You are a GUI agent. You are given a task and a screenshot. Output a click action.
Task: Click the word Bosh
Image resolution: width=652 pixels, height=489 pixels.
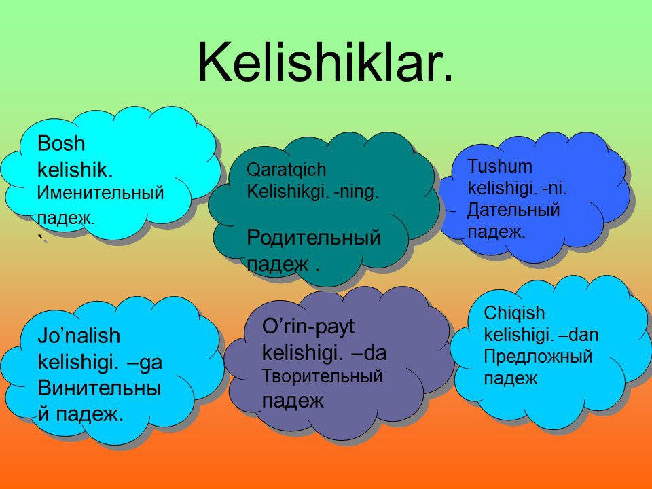61,143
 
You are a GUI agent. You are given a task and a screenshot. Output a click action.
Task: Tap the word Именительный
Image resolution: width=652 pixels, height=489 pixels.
101,193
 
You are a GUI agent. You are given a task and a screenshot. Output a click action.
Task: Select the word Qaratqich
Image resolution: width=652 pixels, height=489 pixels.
287,170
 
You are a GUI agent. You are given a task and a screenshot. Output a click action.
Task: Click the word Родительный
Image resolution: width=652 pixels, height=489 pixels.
314,238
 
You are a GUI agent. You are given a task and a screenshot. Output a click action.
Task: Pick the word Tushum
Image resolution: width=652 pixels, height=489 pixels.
500,166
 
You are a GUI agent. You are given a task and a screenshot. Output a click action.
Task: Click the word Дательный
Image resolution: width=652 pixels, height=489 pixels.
513,210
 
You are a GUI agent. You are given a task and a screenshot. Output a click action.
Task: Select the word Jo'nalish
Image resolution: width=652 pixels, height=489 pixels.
79,336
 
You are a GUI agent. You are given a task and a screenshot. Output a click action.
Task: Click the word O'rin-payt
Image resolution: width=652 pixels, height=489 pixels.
308,327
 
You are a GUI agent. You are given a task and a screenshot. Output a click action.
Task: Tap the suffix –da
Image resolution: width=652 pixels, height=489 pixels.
369,353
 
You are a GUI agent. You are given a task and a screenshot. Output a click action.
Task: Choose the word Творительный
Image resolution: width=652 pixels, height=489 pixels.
322,376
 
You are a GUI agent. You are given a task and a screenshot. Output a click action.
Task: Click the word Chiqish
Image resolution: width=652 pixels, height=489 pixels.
514,313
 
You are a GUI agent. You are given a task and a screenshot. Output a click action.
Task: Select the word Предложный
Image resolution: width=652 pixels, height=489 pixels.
538,357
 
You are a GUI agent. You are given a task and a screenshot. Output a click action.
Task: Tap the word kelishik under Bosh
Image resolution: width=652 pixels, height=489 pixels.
75,170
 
